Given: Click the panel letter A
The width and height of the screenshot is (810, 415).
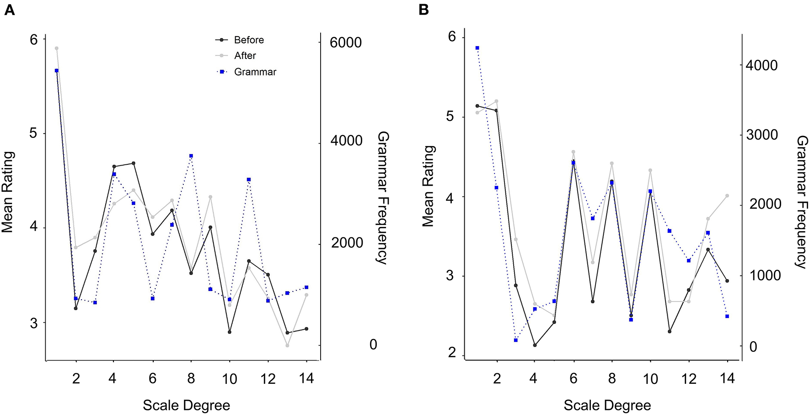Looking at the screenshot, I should (9, 10).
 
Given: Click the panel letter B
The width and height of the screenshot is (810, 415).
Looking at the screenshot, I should (424, 10).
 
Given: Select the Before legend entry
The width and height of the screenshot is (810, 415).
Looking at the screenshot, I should (248, 40).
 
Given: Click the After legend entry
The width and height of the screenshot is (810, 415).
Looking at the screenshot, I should (245, 56).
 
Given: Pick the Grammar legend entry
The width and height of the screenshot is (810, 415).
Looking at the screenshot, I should (255, 72).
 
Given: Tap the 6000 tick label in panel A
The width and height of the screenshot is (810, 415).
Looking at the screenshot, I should (346, 43).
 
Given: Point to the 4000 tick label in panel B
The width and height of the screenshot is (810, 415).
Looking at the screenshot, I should (762, 65).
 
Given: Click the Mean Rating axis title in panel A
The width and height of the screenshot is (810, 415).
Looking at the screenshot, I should (8, 192).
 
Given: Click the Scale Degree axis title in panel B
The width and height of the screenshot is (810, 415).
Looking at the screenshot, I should (607, 405).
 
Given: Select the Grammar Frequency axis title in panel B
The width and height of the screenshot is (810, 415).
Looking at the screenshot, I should (801, 202).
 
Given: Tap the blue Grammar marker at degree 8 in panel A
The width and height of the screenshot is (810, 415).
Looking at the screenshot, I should (191, 156).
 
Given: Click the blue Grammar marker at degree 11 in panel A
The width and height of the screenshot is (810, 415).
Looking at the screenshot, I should (249, 180).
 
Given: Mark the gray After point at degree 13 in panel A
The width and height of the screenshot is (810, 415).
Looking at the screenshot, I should (287, 345).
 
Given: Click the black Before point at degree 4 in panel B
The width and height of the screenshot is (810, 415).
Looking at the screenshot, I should (535, 345).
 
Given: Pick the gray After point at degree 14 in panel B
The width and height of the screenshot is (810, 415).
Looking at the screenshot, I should (727, 196).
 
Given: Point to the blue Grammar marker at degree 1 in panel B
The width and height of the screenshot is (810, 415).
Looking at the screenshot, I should (477, 48).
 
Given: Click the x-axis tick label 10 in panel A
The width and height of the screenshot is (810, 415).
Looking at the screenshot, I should (230, 379).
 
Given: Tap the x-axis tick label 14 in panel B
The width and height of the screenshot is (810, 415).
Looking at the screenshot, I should (727, 379).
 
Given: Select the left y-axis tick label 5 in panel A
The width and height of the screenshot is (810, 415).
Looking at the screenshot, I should (33, 134).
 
